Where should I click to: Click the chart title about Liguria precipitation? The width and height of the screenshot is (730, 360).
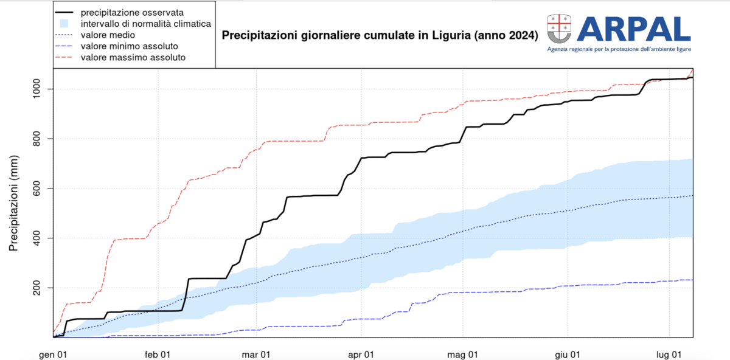(380, 36)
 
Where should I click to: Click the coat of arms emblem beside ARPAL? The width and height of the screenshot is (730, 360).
(560, 28)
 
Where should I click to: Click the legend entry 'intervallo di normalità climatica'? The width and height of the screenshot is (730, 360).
(145, 24)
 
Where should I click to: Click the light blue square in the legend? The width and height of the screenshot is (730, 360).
(65, 24)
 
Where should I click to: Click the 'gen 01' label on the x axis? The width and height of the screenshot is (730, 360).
(54, 354)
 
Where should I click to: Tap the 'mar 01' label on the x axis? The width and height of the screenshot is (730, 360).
(258, 354)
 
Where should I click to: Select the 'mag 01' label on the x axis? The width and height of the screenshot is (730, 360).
(463, 354)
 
